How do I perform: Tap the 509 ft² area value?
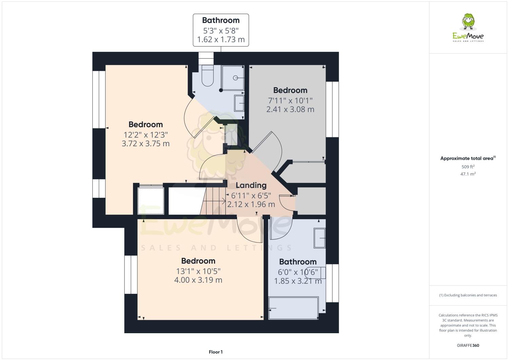pyautogui.click(x=468, y=167)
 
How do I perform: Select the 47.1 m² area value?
pyautogui.click(x=468, y=174)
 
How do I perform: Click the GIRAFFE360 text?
pyautogui.click(x=468, y=345)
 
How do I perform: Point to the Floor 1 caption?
pyautogui.click(x=216, y=352)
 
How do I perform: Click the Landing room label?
pyautogui.click(x=251, y=185)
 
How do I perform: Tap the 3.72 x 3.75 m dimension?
pyautogui.click(x=145, y=144)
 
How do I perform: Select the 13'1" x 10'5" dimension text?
pyautogui.click(x=198, y=271)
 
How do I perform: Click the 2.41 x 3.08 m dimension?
pyautogui.click(x=290, y=109)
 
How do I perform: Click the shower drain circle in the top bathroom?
pyautogui.click(x=235, y=78)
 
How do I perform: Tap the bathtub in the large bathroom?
pyautogui.click(x=293, y=308)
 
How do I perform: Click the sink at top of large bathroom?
pyautogui.click(x=319, y=238)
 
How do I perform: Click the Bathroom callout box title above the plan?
pyautogui.click(x=221, y=20)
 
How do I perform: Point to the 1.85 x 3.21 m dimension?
pyautogui.click(x=298, y=281)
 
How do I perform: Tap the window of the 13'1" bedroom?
pyautogui.click(x=131, y=274)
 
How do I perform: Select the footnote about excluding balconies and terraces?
pyautogui.click(x=468, y=295)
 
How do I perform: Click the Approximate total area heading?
pyautogui.click(x=467, y=158)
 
